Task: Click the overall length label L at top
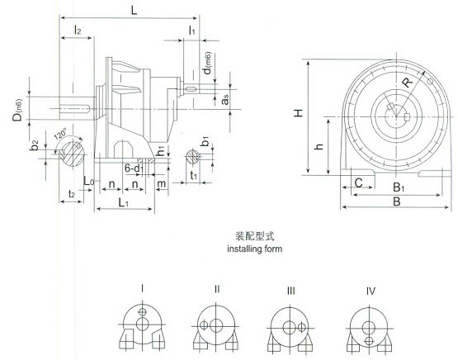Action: click(x=134, y=11)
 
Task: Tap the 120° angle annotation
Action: click(x=60, y=133)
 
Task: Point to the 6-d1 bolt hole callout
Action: click(x=134, y=168)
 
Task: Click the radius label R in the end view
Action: click(x=408, y=81)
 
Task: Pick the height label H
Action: click(x=298, y=113)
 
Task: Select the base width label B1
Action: click(x=399, y=187)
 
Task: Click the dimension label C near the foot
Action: click(x=359, y=183)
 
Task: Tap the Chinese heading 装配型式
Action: click(x=255, y=236)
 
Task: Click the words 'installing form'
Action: click(x=255, y=249)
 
